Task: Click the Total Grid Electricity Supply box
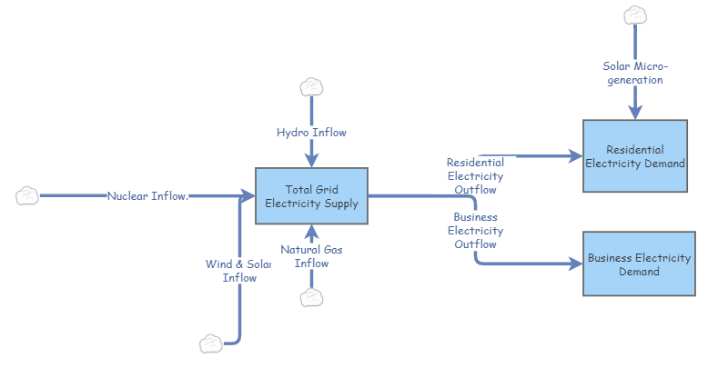[x=311, y=195]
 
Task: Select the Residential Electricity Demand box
[x=634, y=156]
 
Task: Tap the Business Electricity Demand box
[x=639, y=264]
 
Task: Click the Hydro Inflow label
[x=311, y=133]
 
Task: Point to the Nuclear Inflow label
[x=147, y=195]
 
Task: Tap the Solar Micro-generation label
[x=634, y=73]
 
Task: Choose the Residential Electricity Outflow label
[x=474, y=176]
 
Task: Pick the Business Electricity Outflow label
[x=474, y=231]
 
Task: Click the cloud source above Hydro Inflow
[x=311, y=87]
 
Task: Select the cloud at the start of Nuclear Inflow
[x=27, y=195]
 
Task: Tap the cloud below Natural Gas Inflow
[x=312, y=298]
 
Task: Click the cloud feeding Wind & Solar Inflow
[x=211, y=343]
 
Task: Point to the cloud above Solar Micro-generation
[x=634, y=15]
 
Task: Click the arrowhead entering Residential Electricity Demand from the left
[x=576, y=156]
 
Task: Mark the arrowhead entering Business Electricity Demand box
[x=576, y=264]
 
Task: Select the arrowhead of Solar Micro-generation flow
[x=634, y=113]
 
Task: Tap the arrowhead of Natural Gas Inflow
[x=311, y=229]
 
